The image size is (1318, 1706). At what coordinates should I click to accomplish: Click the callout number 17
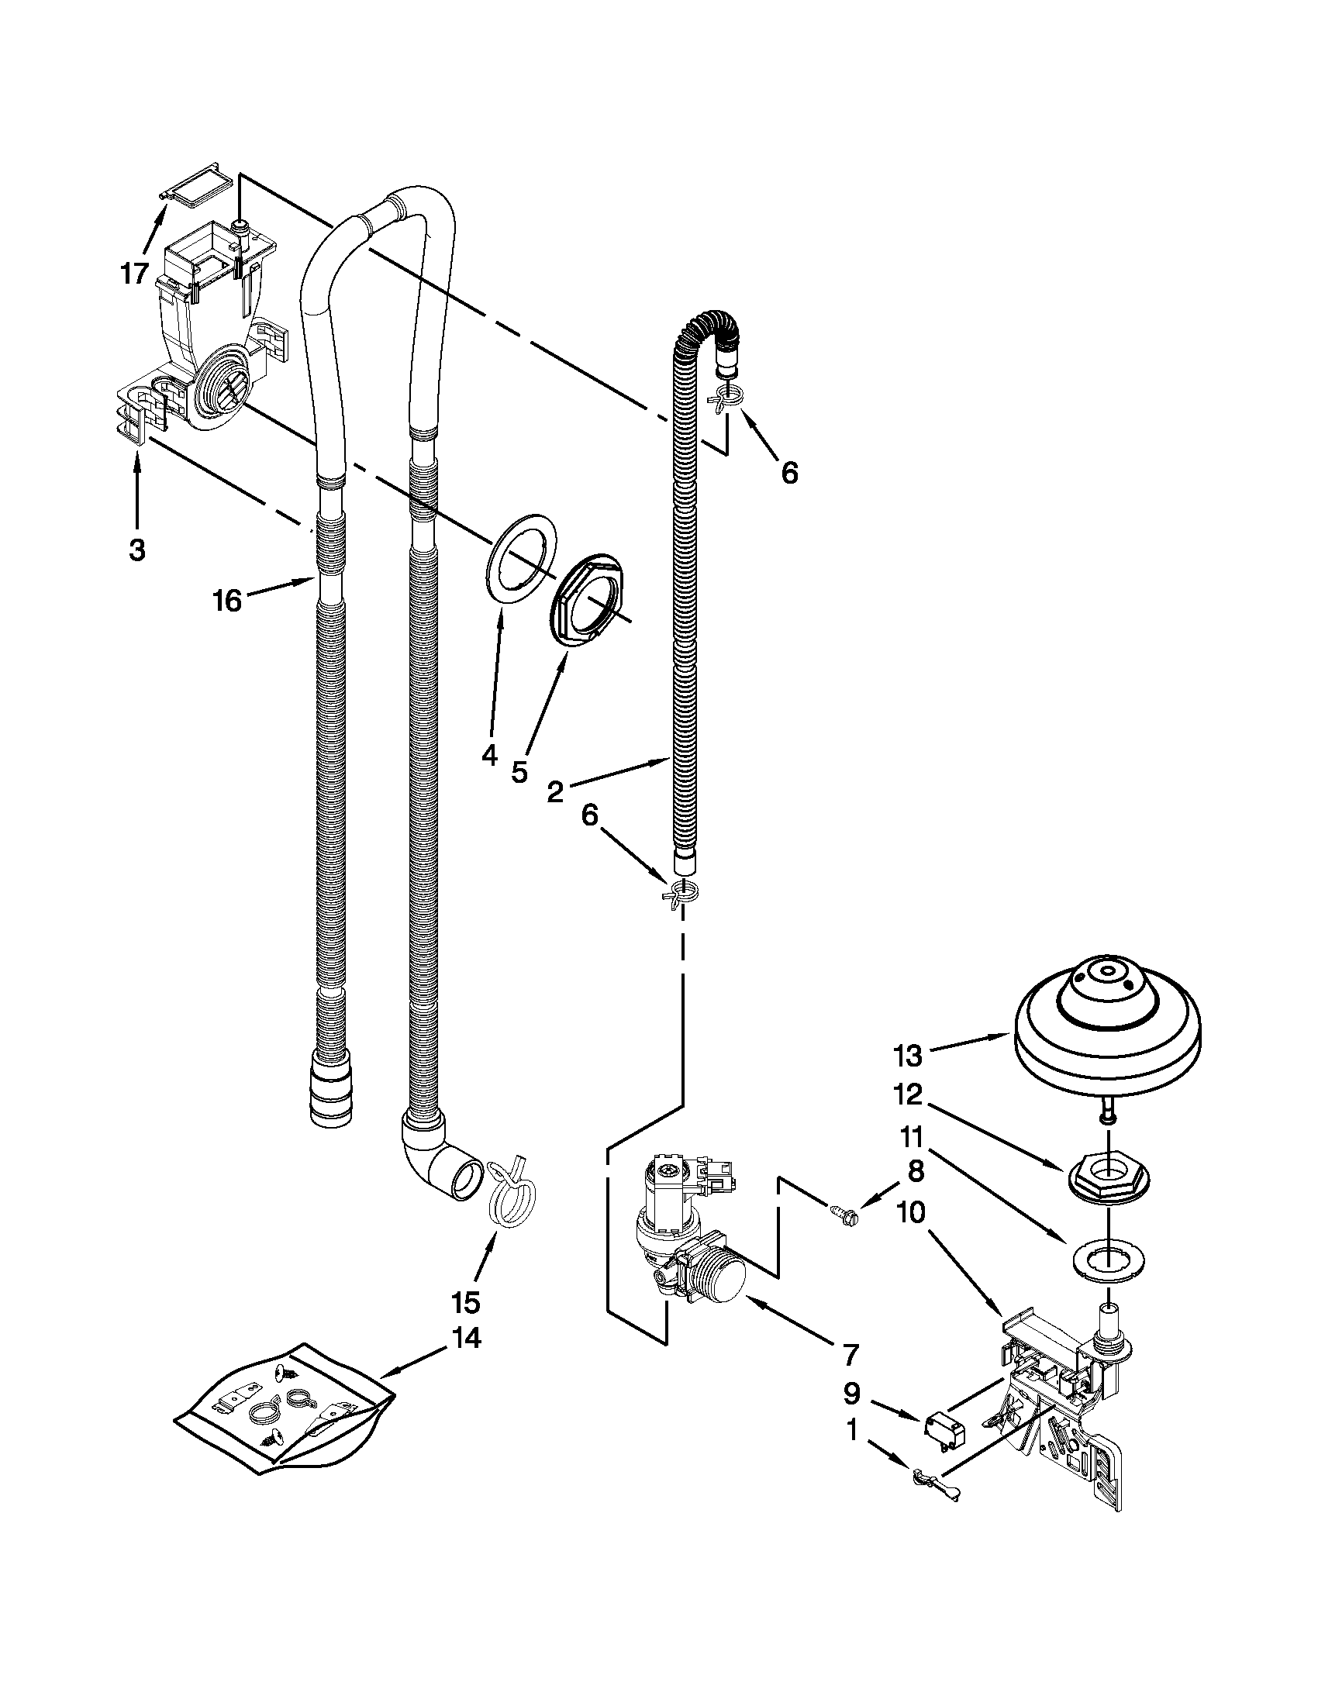pos(134,274)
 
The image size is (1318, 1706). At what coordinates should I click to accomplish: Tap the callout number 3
pos(136,550)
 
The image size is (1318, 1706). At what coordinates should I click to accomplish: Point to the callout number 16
pos(227,601)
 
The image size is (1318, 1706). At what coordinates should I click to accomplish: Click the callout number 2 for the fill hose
pos(554,792)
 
